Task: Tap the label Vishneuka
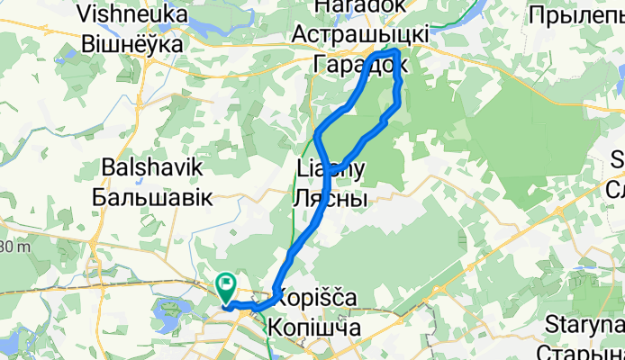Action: [x=132, y=14]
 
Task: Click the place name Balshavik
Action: [x=153, y=168]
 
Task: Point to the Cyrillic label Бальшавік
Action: [x=157, y=197]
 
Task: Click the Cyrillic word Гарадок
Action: [x=360, y=64]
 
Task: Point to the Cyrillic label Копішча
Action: [x=314, y=328]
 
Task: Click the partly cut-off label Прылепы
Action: [x=576, y=14]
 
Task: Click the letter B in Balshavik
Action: [x=110, y=168]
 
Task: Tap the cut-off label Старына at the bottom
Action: [x=585, y=351]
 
